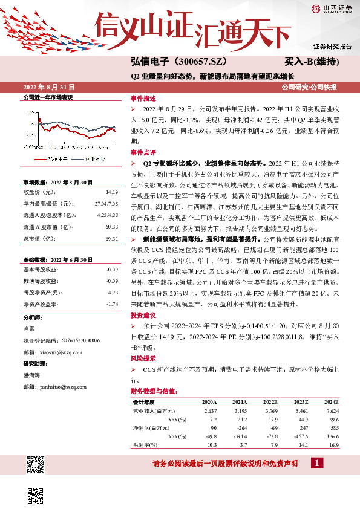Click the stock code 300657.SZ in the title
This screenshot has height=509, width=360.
click(205, 62)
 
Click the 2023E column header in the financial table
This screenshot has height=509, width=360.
click(300, 402)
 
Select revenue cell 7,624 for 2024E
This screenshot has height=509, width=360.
click(332, 410)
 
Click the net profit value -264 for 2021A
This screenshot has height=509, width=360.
click(240, 427)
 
